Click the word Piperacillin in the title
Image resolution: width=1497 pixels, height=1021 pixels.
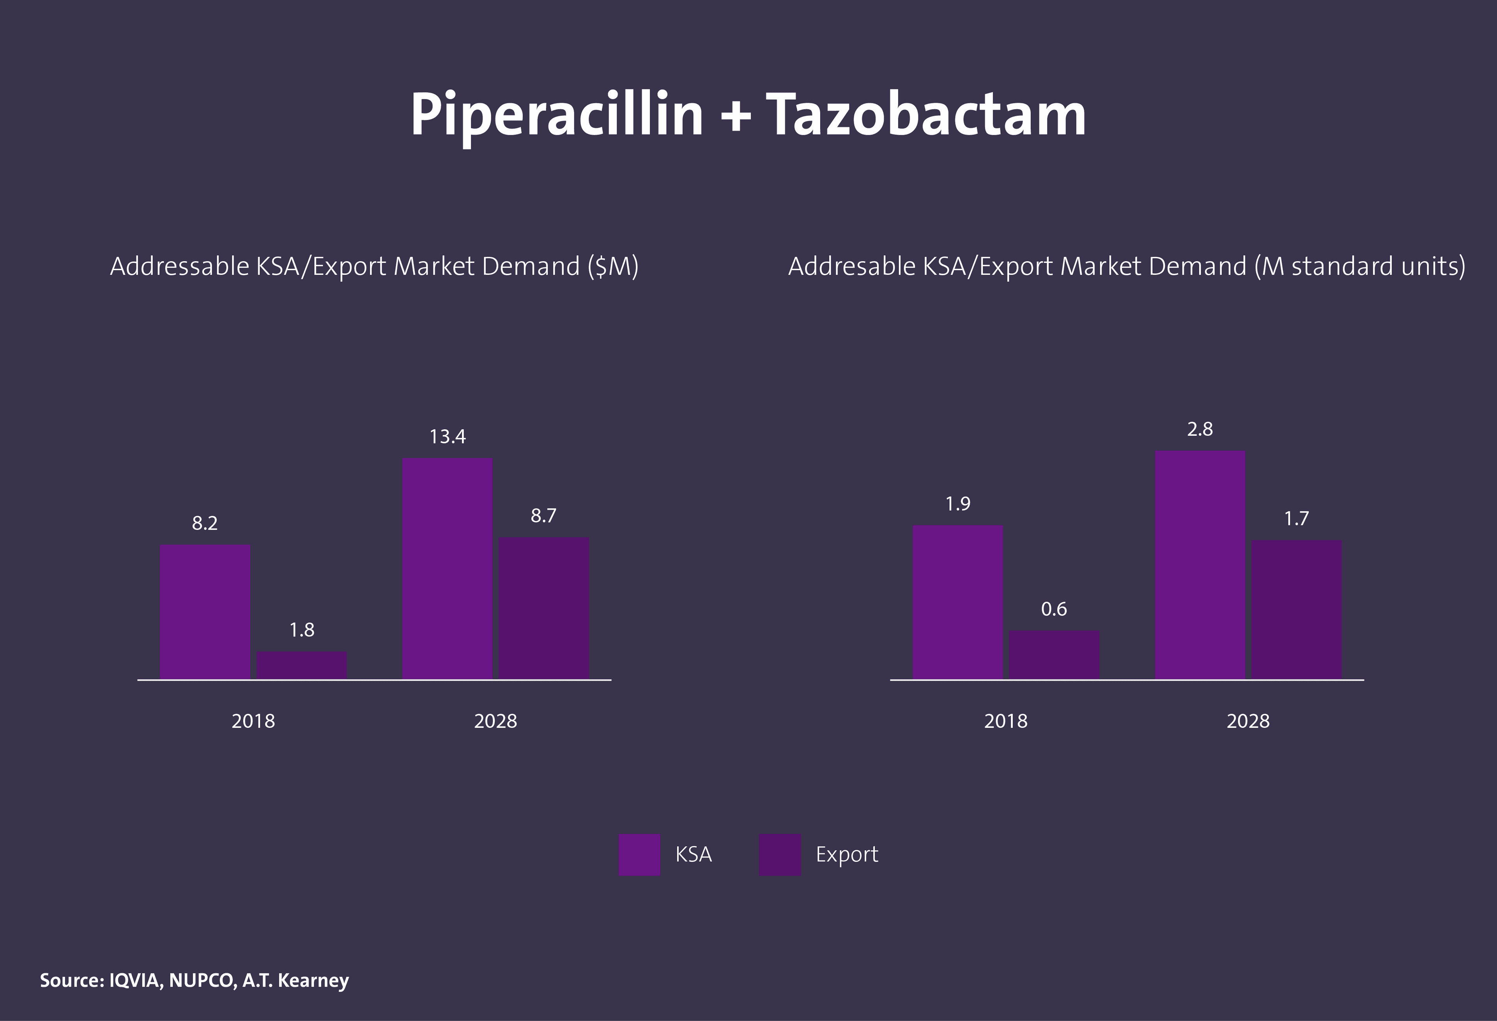(x=557, y=116)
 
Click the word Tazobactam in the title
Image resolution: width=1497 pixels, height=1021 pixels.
(x=925, y=116)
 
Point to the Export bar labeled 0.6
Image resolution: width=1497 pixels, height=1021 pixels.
(x=1054, y=655)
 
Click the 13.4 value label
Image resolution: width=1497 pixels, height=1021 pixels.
(x=447, y=437)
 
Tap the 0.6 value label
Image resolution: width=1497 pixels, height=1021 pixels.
(x=1054, y=609)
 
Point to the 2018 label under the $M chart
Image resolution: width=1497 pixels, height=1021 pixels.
(x=253, y=721)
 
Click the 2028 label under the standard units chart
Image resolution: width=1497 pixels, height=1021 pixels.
(x=1248, y=721)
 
